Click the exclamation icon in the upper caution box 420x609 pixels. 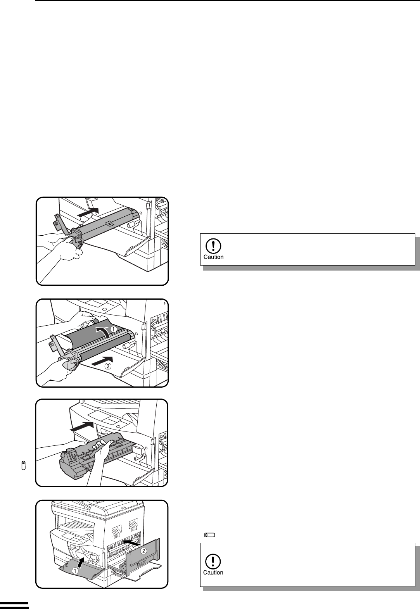tap(213, 246)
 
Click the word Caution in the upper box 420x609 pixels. tap(214, 257)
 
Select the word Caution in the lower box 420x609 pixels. tap(213, 572)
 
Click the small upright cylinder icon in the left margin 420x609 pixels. tap(23, 465)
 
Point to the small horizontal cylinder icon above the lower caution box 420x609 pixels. tap(209, 535)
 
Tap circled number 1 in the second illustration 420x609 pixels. tap(113, 329)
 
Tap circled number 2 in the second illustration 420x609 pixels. tap(108, 366)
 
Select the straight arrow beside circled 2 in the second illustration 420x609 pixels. tap(102, 359)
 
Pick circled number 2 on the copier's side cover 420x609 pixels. tap(143, 551)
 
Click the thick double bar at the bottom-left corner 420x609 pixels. tap(14, 605)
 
